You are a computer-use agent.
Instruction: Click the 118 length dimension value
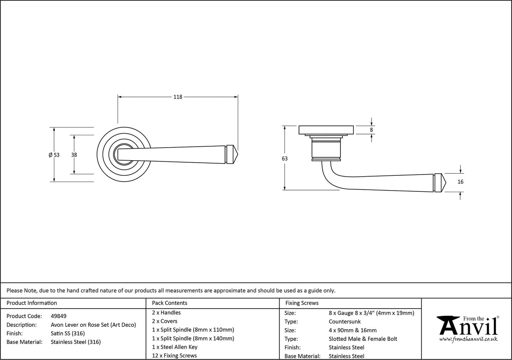178,97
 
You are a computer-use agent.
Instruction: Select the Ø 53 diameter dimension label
54,155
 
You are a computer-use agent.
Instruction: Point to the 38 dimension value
74,155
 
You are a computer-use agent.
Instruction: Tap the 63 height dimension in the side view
285,159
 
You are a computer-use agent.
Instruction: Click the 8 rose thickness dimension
371,130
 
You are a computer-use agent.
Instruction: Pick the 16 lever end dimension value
460,182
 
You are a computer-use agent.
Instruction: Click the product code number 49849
58,316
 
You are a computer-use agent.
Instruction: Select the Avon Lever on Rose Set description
93,325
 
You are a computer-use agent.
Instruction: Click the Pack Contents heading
170,303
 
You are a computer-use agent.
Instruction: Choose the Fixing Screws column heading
302,303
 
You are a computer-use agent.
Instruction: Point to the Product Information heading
32,303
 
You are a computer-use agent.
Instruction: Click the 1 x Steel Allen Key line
175,347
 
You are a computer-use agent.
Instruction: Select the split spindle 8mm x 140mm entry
193,339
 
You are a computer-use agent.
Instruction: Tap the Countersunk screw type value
345,322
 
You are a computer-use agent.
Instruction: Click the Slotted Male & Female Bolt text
363,339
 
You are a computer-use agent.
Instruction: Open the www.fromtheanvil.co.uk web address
468,339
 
